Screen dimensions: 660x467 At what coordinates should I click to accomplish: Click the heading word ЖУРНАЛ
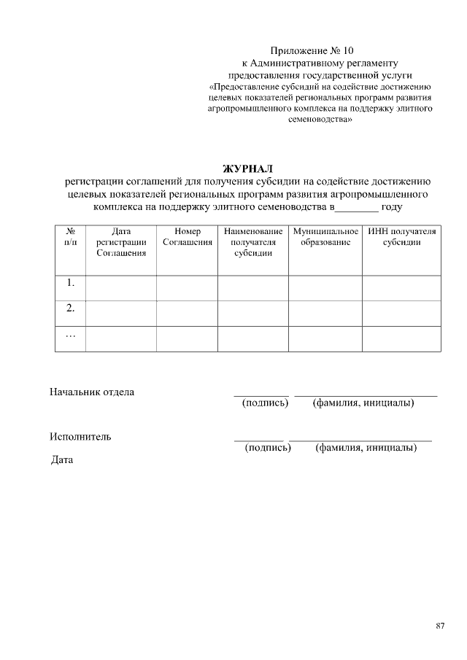247,169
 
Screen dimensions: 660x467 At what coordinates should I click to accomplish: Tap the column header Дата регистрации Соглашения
121,242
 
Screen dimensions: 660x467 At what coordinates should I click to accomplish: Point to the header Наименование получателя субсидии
253,242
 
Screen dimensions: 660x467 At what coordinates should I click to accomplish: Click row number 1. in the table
71,282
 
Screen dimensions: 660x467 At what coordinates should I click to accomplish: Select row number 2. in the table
71,308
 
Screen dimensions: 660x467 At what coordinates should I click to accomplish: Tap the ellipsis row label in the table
71,335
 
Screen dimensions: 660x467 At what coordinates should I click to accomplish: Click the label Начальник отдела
92,392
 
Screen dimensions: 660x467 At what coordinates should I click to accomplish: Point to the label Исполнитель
80,437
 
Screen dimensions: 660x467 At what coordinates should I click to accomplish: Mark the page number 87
440,626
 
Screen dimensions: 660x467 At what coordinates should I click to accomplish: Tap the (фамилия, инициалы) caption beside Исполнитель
366,448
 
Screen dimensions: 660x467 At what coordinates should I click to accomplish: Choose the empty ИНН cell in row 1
402,287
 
